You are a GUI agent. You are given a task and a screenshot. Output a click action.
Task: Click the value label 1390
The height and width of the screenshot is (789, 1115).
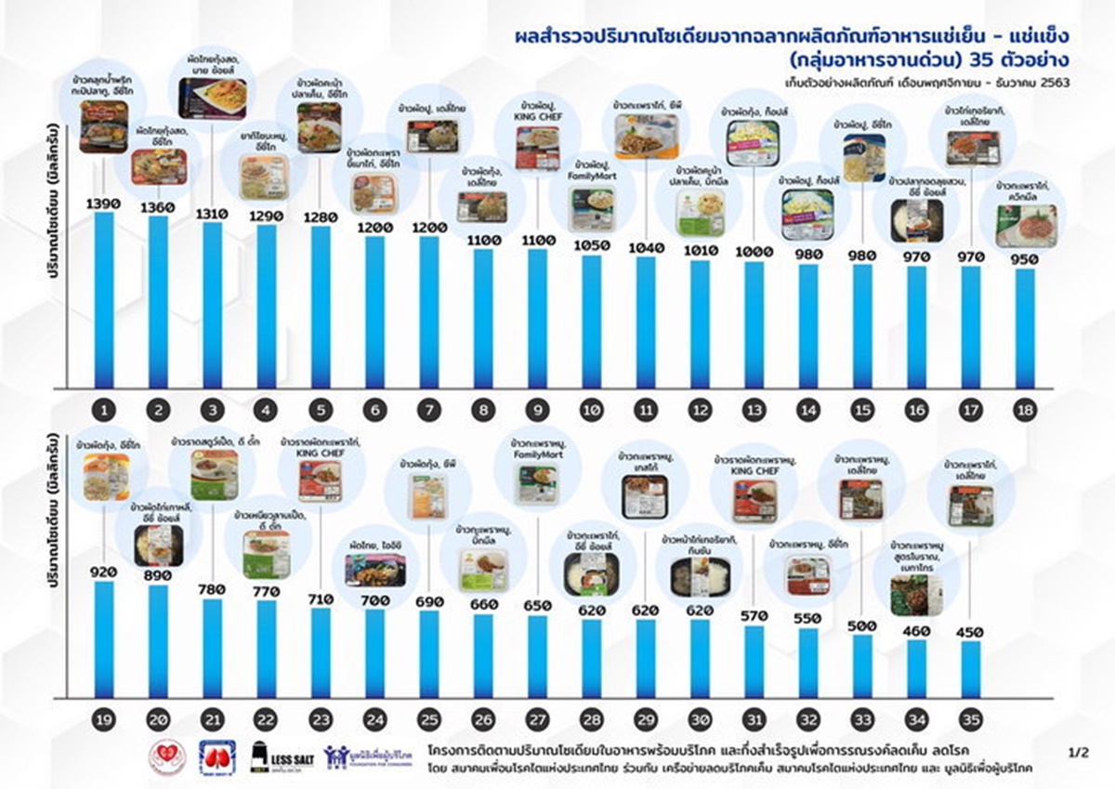(104, 203)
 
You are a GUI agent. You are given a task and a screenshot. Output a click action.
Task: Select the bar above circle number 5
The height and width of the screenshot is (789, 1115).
(321, 307)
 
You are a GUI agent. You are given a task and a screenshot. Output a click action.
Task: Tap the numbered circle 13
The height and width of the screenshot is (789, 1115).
(754, 410)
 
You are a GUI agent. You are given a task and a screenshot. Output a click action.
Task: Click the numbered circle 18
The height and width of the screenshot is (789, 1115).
(1025, 410)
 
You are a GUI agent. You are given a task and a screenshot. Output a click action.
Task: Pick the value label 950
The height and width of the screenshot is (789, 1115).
(1025, 259)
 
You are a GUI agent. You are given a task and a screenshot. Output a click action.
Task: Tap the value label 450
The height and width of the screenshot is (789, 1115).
(971, 631)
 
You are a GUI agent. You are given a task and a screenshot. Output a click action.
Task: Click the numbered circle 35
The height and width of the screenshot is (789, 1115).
(971, 718)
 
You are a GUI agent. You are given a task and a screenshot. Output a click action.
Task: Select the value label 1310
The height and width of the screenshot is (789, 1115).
(213, 212)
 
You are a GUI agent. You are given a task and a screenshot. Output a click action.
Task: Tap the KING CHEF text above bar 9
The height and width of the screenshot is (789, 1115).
(537, 116)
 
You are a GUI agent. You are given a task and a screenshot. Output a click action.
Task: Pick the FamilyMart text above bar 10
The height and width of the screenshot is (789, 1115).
(592, 176)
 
